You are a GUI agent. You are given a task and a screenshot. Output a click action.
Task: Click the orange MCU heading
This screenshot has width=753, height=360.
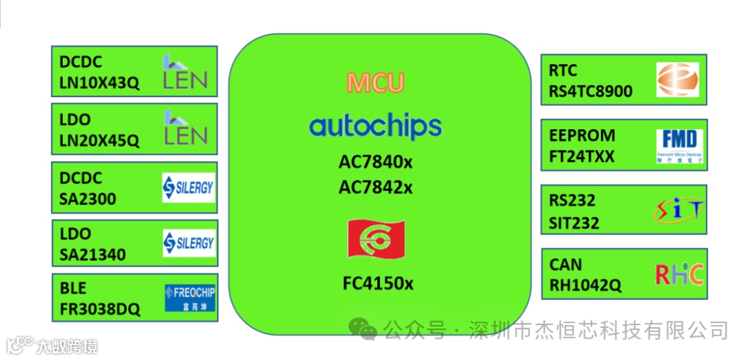[x=375, y=83]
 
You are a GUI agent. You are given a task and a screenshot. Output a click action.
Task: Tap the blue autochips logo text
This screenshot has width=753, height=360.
[x=375, y=126]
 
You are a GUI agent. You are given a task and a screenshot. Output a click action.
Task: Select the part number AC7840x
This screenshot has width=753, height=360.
[x=376, y=162]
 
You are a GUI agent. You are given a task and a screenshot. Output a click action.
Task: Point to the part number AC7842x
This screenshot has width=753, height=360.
[x=376, y=187]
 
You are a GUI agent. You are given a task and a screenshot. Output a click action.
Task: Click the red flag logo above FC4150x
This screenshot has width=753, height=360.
[x=376, y=239]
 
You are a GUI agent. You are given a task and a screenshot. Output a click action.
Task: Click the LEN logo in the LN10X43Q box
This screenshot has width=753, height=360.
[x=185, y=72]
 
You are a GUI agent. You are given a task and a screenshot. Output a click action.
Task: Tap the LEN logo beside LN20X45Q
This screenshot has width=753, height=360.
[x=185, y=128]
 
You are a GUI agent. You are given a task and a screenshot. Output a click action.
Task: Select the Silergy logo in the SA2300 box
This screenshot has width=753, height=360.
[x=188, y=187]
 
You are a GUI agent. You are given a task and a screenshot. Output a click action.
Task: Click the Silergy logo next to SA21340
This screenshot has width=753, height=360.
[x=188, y=243]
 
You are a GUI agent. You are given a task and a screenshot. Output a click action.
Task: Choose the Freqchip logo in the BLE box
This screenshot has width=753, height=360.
[x=190, y=298]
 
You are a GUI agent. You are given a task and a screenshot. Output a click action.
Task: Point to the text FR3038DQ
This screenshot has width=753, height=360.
[x=99, y=310]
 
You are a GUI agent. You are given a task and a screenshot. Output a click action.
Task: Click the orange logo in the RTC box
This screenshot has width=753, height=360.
[x=677, y=80]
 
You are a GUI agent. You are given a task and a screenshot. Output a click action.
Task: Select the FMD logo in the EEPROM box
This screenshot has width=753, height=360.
[x=680, y=145]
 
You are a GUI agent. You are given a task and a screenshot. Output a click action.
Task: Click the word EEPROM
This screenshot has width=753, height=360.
[x=581, y=135]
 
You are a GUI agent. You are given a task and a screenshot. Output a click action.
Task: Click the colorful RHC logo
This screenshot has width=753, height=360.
[x=679, y=274]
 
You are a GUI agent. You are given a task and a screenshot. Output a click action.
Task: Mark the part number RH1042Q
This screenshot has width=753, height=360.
[x=585, y=285]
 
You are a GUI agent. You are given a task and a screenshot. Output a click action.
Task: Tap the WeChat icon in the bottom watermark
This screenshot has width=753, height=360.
[x=363, y=329]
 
